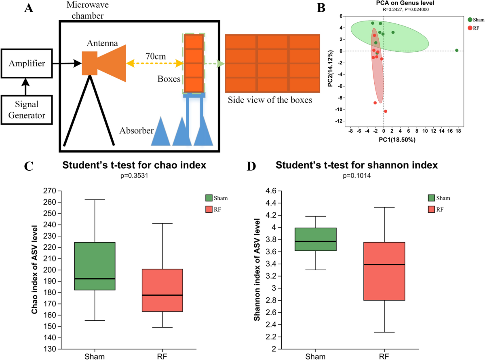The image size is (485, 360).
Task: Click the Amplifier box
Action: pos(27,63)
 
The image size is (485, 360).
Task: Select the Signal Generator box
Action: pos(27,110)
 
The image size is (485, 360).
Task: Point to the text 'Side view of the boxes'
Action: pos(270,100)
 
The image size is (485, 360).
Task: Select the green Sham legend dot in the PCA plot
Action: pos(470,19)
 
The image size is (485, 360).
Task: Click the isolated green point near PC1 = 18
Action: pos(456,51)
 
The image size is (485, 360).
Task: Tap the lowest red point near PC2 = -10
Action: pos(386,111)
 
